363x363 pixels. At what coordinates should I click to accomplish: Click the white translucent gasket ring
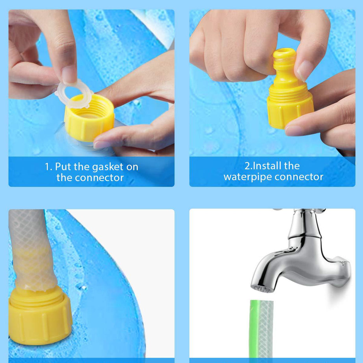pyautogui.click(x=74, y=94)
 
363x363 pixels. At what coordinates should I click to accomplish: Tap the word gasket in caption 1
pyautogui.click(x=109, y=167)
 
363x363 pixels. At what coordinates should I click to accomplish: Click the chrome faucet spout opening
pyautogui.click(x=263, y=289)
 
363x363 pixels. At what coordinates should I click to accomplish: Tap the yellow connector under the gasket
pyautogui.click(x=89, y=119)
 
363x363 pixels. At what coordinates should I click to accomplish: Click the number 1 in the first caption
pyautogui.click(x=48, y=167)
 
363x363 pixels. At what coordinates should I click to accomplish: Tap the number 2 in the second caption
pyautogui.click(x=247, y=166)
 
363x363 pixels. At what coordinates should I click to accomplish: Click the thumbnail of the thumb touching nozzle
pyautogui.click(x=304, y=70)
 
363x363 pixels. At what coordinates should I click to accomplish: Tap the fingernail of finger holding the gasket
pyautogui.click(x=69, y=74)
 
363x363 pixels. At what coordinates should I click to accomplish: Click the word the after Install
pyautogui.click(x=292, y=166)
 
